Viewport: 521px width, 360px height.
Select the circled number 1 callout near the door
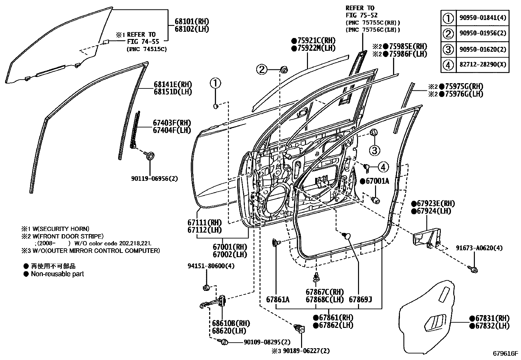point(215,84)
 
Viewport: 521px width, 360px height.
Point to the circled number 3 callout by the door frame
point(375,150)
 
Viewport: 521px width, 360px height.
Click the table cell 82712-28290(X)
point(482,65)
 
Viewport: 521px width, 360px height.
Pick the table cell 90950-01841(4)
point(482,17)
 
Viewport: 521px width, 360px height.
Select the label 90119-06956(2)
point(154,179)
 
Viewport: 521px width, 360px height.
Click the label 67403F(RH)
point(172,123)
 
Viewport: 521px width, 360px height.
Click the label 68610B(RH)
point(231,324)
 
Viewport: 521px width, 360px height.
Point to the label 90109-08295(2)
point(267,342)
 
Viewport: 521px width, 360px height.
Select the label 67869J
point(361,300)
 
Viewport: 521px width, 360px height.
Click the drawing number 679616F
point(506,353)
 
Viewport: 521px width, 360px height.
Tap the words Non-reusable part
point(57,274)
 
